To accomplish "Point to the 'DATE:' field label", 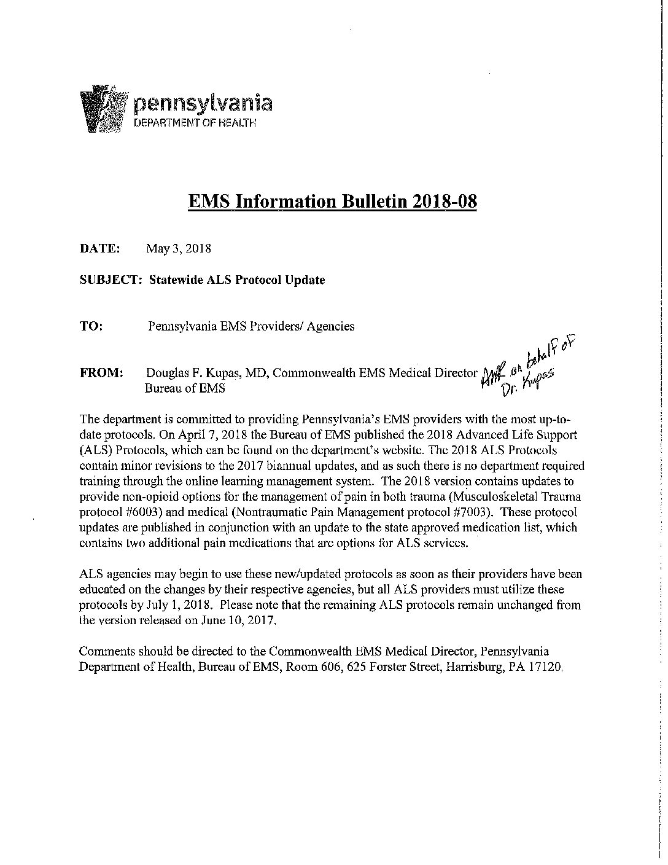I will coord(99,249).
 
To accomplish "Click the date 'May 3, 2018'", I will coord(179,249).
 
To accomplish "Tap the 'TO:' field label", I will coord(91,326).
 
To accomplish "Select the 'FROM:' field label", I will coord(102,373).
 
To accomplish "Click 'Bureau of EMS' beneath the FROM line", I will coord(185,388).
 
